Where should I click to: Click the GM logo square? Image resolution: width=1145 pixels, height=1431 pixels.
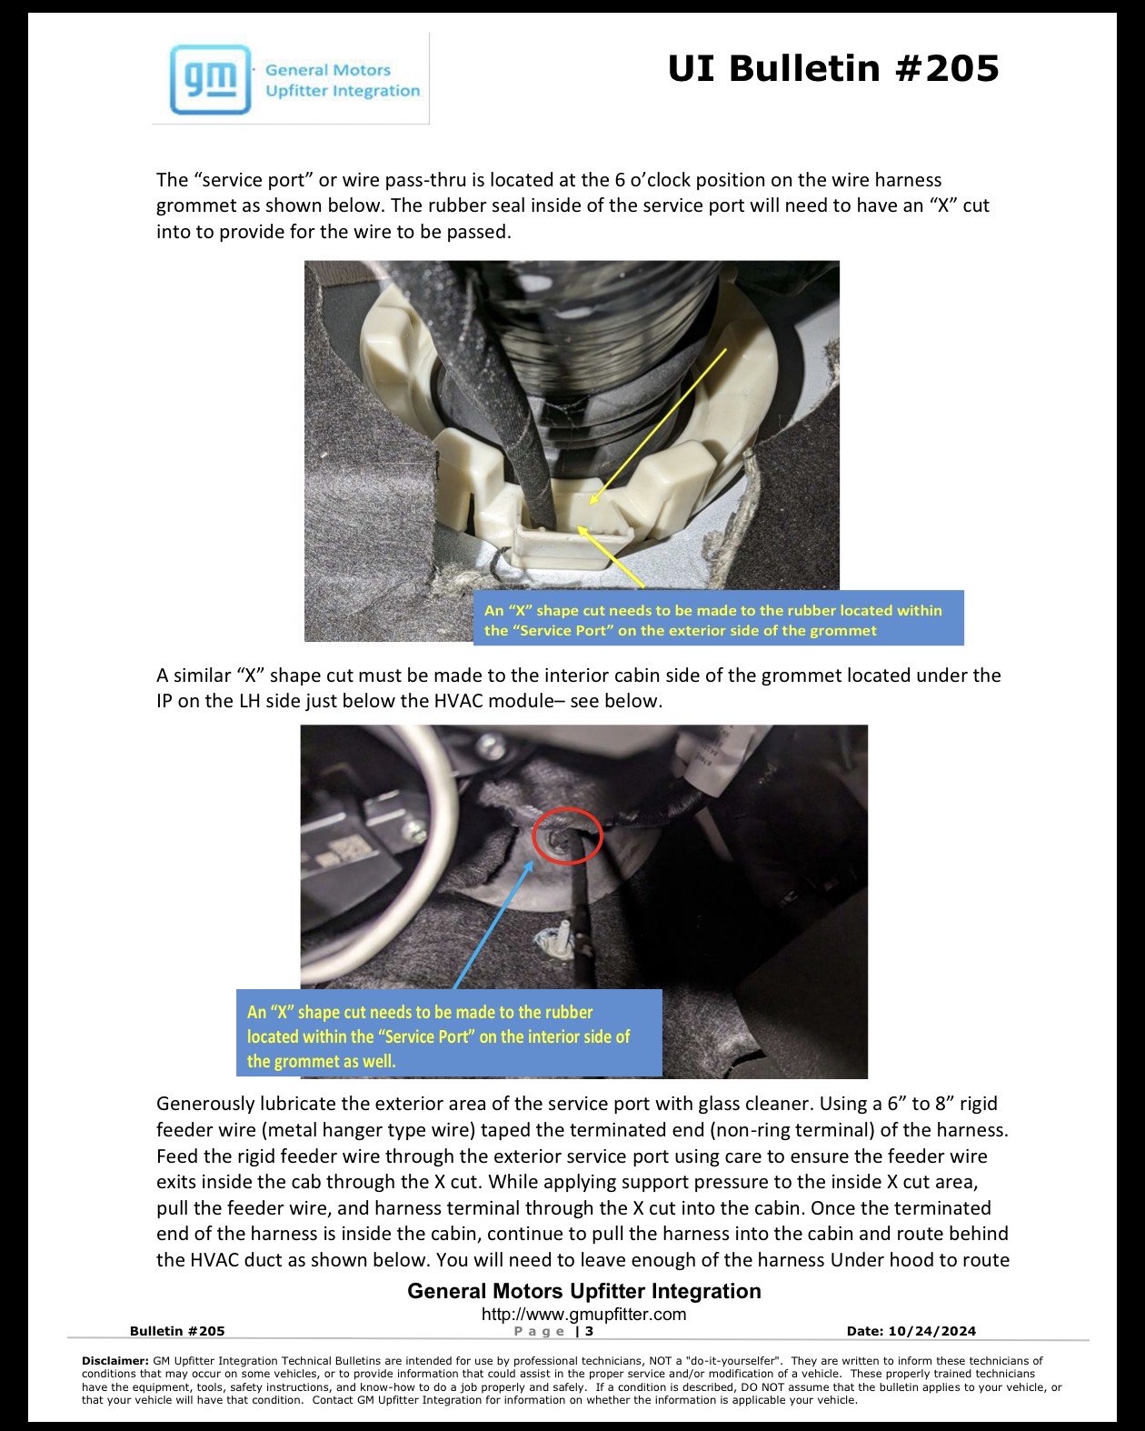[210, 80]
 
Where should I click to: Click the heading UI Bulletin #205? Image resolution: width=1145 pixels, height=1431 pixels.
[833, 68]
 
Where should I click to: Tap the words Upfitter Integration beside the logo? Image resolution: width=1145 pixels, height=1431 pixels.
[343, 90]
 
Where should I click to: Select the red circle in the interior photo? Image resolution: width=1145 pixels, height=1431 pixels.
[567, 836]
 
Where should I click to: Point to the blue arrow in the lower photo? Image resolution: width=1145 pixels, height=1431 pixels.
[493, 925]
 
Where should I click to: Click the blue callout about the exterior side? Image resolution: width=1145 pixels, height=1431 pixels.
[718, 617]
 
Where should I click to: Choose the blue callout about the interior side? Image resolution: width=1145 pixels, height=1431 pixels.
[449, 1033]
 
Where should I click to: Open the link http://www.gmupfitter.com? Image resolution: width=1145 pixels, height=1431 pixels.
[583, 1314]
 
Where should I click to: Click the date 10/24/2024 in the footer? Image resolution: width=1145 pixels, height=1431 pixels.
[931, 1331]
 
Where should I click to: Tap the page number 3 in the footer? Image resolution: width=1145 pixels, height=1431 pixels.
[589, 1331]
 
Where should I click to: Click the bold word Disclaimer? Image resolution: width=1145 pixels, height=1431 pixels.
[115, 1360]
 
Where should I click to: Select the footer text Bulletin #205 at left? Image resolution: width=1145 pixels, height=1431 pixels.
[177, 1331]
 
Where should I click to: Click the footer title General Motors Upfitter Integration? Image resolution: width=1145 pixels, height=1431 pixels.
[583, 1291]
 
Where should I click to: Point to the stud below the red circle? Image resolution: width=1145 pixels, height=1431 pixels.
[561, 936]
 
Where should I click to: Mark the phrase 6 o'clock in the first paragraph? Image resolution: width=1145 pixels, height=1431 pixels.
[658, 180]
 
